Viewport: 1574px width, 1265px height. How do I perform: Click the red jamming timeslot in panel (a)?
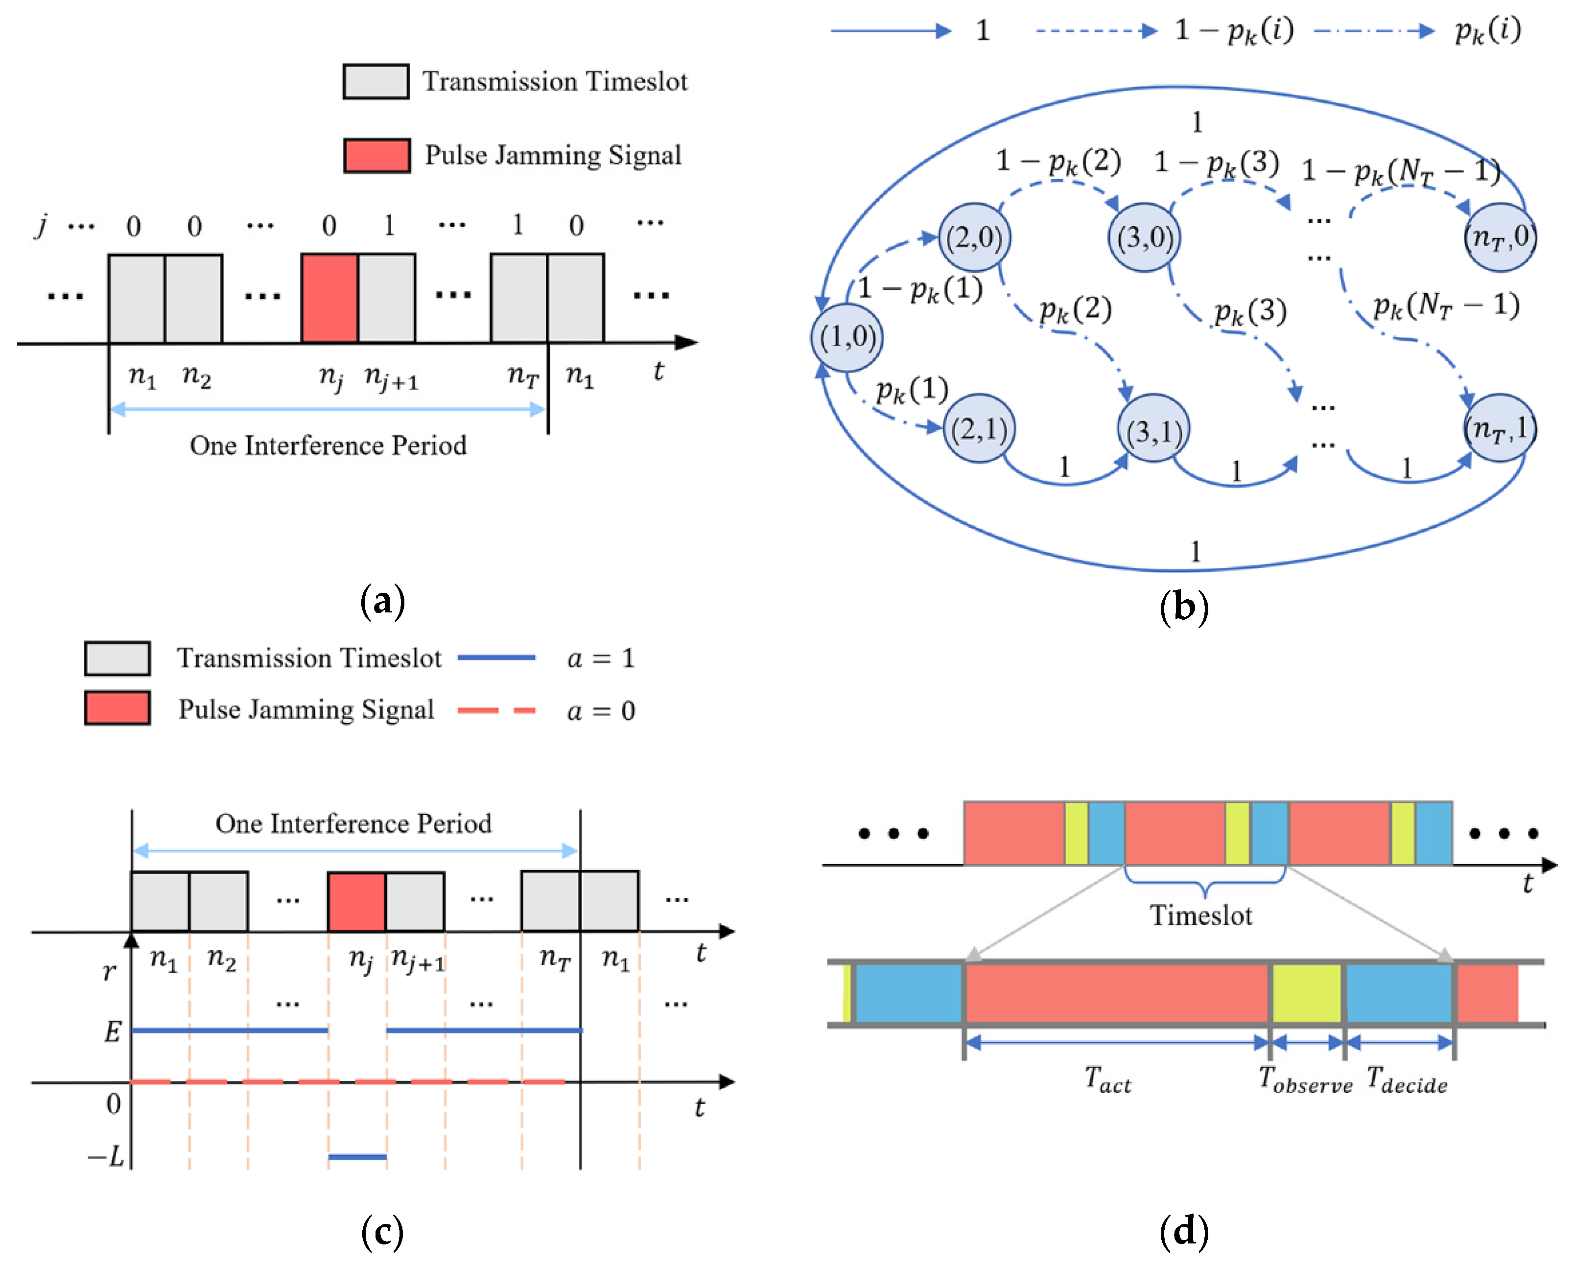coord(329,298)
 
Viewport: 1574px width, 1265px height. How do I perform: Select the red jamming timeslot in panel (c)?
coord(356,901)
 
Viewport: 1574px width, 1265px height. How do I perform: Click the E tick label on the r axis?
coord(112,1031)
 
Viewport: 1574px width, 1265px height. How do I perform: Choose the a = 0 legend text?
coord(601,710)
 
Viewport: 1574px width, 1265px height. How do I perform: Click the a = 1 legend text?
coord(601,658)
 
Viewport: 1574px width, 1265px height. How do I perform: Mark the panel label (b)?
coord(1183,607)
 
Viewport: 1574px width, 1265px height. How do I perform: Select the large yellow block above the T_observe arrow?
coord(1307,993)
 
